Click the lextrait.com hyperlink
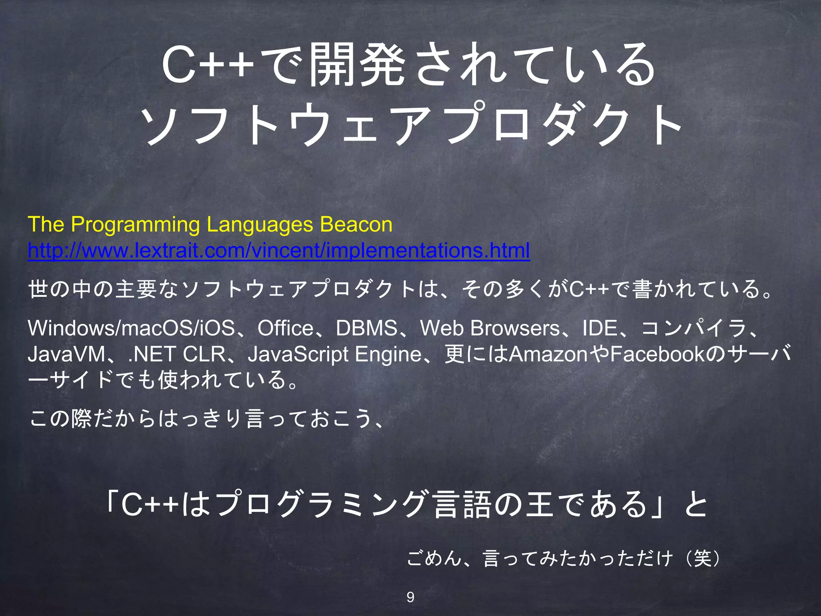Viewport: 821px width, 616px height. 279,251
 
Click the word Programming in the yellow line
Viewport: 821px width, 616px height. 135,224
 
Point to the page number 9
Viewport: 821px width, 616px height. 410,597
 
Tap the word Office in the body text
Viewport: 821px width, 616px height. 285,328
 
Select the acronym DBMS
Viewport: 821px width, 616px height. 366,328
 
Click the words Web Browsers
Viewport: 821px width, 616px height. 489,328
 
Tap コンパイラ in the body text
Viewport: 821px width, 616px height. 694,328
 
